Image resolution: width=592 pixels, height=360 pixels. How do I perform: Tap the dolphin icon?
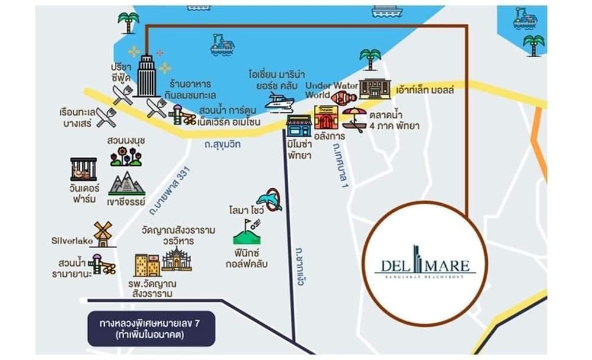[x=270, y=200]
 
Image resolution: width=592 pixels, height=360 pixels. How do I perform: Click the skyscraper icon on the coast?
[x=145, y=76]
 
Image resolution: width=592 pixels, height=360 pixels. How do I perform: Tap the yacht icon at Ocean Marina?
[x=279, y=103]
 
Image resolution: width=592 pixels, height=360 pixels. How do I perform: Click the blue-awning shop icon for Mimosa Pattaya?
[x=299, y=127]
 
